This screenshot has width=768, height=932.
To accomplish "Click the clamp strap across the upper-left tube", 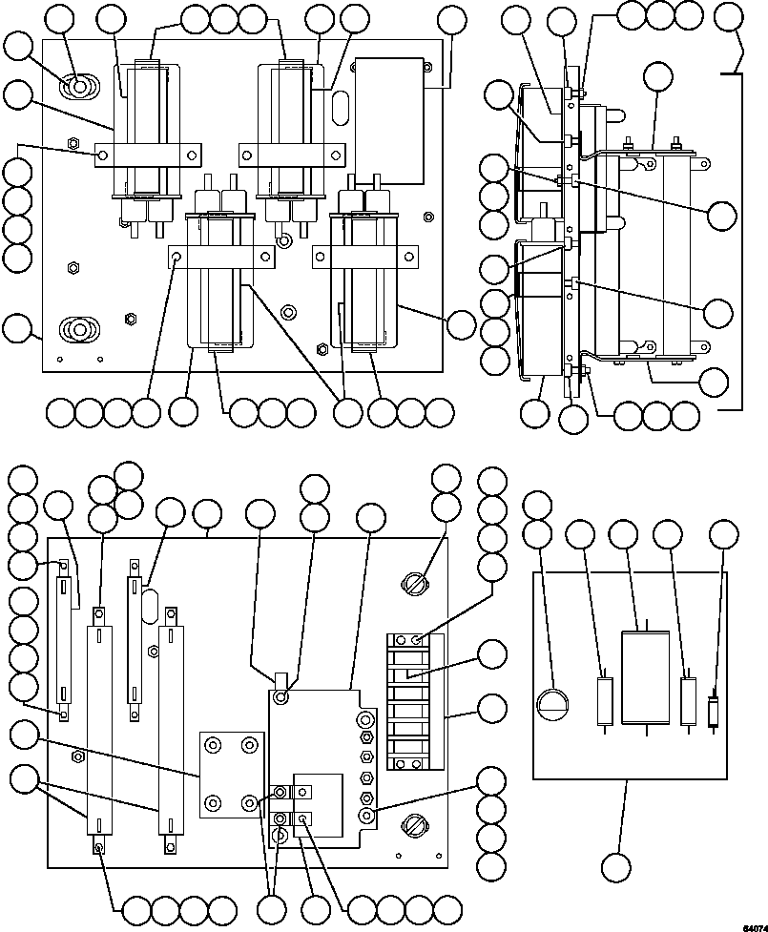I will pyautogui.click(x=149, y=154).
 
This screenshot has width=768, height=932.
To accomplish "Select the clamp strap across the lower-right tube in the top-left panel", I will pyautogui.click(x=366, y=256).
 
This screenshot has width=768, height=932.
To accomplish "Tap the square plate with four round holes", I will pyautogui.click(x=229, y=774).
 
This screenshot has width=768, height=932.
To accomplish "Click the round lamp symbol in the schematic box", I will pyautogui.click(x=553, y=704).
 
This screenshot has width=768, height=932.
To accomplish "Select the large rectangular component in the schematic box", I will pyautogui.click(x=648, y=676).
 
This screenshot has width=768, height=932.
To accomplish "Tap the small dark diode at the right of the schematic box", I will pyautogui.click(x=713, y=712).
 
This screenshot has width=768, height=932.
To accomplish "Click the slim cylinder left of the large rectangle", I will pyautogui.click(x=605, y=701).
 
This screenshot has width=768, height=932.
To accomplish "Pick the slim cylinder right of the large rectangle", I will pyautogui.click(x=689, y=701).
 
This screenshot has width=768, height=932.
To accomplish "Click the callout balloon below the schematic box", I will pyautogui.click(x=617, y=867).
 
